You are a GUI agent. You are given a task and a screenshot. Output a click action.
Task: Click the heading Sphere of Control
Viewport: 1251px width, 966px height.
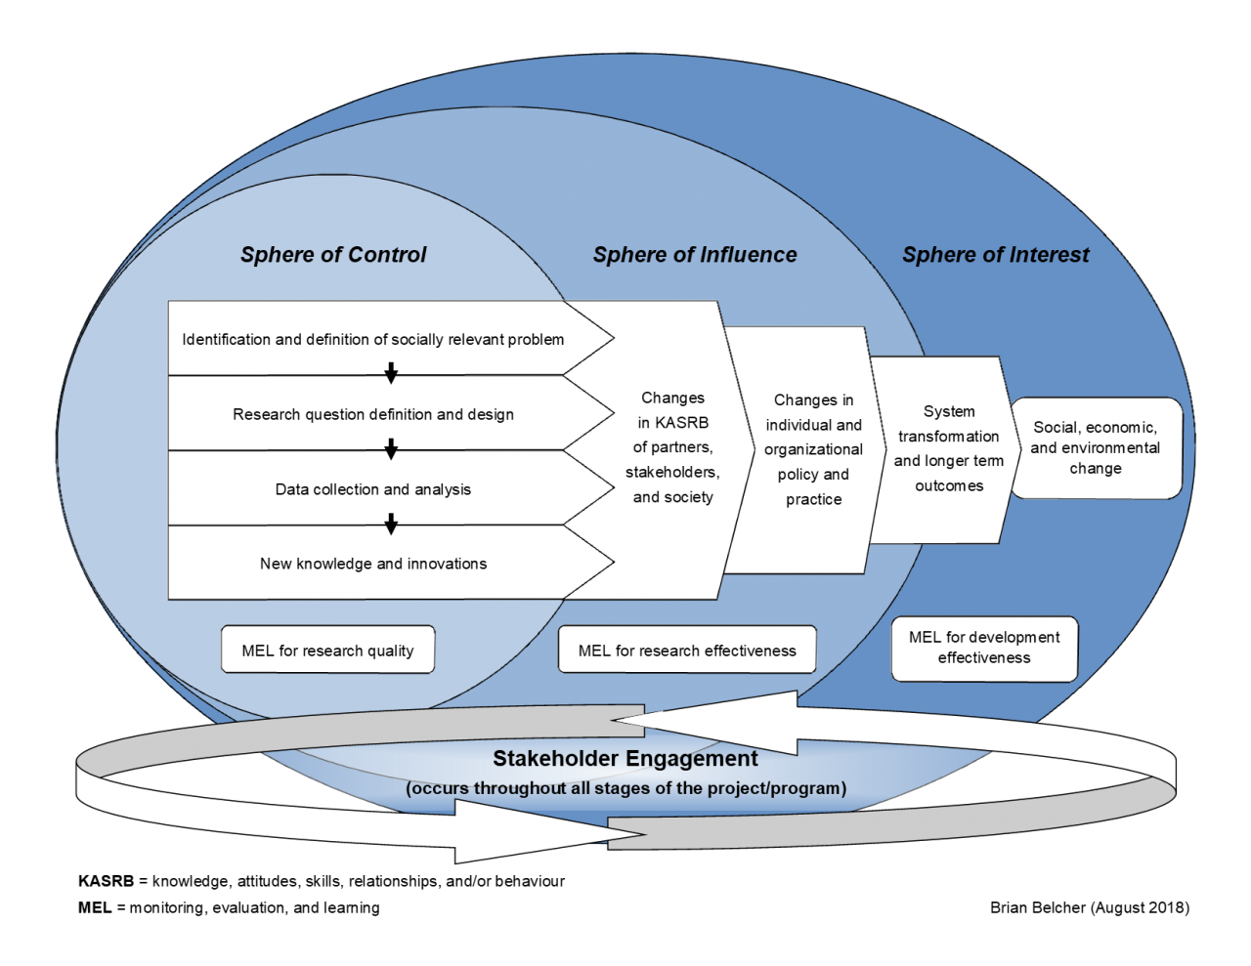pos(333,255)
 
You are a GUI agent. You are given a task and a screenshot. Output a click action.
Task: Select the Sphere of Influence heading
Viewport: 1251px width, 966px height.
pos(694,255)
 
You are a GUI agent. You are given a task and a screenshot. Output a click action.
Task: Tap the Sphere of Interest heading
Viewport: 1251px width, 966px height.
pos(995,255)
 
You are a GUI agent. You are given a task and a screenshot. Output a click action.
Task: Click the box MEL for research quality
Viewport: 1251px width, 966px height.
pos(327,651)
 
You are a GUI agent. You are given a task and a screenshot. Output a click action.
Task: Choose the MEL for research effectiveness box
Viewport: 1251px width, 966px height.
pos(687,651)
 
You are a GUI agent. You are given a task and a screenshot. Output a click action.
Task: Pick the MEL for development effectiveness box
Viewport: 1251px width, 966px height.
pos(984,648)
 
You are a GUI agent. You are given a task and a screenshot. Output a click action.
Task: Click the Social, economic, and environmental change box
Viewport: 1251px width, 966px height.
pos(1096,448)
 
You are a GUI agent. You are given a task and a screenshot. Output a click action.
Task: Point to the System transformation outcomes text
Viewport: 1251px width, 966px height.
pos(948,449)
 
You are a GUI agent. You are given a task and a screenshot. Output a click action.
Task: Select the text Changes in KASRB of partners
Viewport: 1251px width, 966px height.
pos(672,447)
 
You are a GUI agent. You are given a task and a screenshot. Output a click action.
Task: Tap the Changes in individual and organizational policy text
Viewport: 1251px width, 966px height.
pos(813,450)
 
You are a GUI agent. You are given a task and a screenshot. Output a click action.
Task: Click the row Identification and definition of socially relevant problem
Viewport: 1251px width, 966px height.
pos(372,340)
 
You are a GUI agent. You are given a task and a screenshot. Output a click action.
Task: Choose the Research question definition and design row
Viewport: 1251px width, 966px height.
pos(372,414)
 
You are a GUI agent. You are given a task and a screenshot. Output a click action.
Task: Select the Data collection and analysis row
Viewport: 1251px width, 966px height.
pos(372,489)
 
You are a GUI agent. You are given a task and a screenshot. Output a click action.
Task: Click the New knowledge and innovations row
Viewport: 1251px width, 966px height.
pos(372,564)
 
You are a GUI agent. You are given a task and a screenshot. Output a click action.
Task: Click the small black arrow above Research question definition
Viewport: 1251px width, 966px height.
pos(391,373)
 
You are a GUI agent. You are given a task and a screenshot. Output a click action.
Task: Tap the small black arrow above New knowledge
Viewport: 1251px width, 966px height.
pos(391,525)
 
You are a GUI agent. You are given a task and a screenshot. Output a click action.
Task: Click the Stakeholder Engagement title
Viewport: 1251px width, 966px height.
pos(625,759)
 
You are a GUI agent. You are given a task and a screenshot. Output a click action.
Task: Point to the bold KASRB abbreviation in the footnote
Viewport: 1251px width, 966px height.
pos(106,881)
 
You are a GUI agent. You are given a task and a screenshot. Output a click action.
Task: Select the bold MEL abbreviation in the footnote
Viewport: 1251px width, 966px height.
pos(95,907)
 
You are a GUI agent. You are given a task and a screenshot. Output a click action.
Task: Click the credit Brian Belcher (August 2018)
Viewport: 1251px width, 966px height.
pos(1089,907)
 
